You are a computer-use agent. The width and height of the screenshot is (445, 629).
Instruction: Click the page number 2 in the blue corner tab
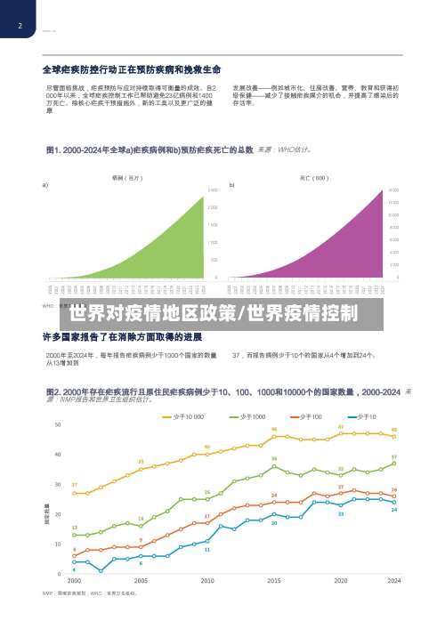[19, 26]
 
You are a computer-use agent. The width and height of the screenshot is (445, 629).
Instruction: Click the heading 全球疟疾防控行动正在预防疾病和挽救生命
[132, 69]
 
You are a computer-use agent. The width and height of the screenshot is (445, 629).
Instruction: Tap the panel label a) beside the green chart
[45, 185]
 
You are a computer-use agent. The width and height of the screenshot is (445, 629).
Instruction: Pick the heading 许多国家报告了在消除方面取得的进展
[122, 339]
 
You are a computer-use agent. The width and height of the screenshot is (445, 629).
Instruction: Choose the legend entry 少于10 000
[184, 416]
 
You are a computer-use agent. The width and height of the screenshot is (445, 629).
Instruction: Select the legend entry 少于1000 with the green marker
[248, 416]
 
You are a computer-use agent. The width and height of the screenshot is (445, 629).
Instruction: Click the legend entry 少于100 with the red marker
[306, 416]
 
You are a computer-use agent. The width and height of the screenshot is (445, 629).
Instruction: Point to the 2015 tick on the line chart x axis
[274, 580]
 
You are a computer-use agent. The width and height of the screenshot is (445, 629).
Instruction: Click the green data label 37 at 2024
[394, 456]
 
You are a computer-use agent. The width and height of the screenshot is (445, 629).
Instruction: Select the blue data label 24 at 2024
[394, 511]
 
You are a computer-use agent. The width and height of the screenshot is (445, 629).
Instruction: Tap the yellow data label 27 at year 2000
[74, 485]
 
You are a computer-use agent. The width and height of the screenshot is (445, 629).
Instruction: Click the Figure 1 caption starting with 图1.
[142, 149]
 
